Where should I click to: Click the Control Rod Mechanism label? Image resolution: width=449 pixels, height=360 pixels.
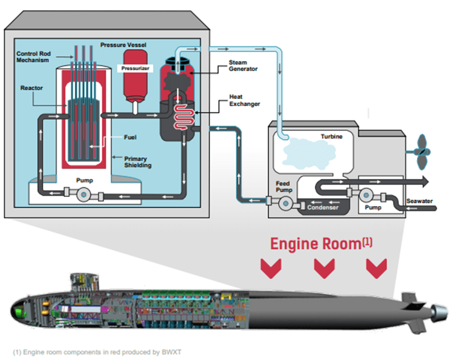[34, 57]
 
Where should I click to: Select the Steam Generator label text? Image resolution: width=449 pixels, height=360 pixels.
[244, 66]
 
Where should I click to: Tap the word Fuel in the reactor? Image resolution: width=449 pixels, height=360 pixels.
[130, 137]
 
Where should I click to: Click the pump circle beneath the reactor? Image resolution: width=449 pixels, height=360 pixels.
[83, 195]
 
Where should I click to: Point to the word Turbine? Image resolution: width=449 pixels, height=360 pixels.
[332, 137]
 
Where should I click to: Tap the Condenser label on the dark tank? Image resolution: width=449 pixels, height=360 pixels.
[322, 207]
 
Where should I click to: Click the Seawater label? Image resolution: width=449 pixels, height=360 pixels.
[419, 201]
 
